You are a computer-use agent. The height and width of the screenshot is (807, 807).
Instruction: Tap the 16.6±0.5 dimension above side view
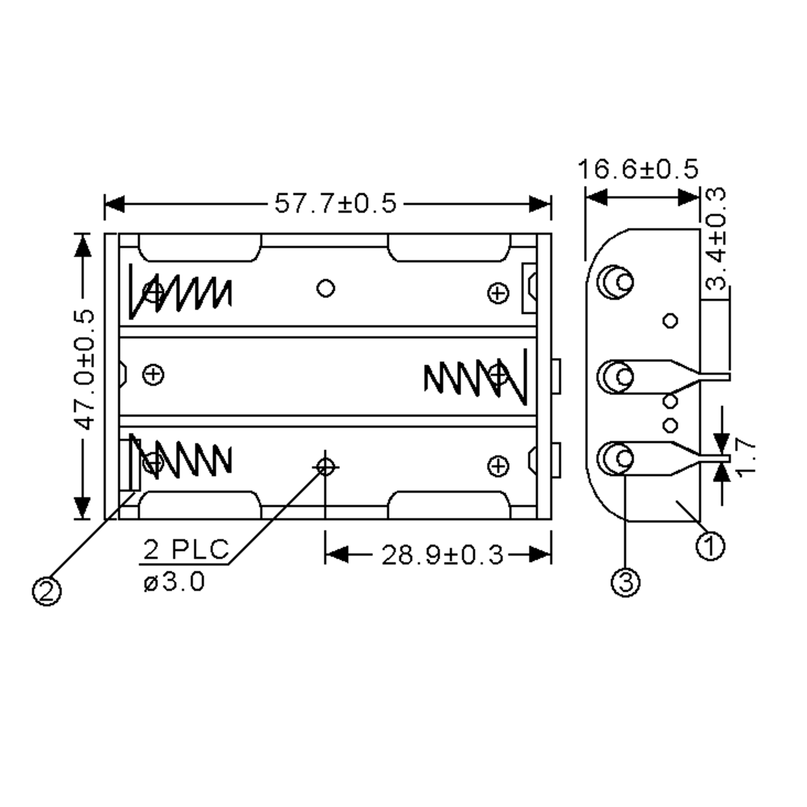point(638,169)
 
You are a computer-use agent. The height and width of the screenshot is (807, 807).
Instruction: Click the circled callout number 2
point(47,591)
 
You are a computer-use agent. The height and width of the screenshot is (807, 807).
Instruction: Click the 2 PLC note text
point(186,549)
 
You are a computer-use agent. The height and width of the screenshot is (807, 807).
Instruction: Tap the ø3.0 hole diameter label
point(174,582)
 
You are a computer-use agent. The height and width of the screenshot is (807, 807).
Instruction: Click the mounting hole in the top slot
point(326,288)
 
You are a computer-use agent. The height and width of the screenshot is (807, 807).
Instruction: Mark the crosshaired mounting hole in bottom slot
point(326,467)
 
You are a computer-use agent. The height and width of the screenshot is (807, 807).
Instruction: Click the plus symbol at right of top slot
point(498,293)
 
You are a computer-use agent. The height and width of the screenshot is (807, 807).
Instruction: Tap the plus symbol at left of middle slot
point(153,374)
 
